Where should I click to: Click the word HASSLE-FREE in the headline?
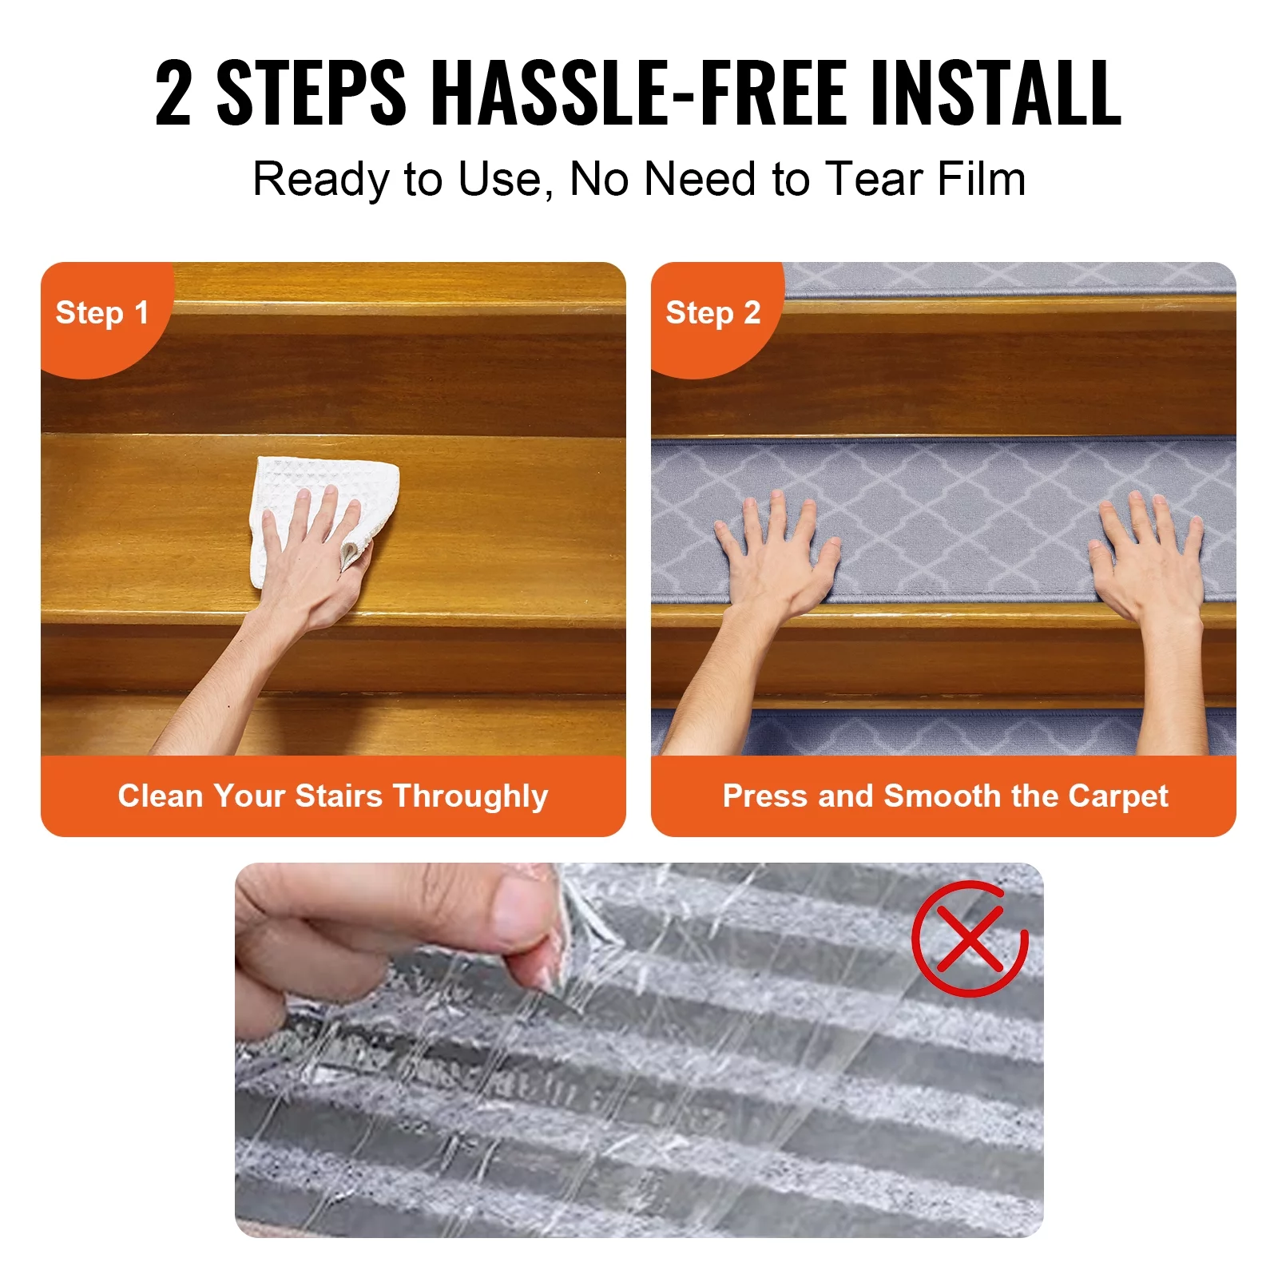click(642, 93)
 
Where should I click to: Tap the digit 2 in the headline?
click(173, 93)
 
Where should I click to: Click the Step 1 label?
click(101, 312)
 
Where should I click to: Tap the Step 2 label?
click(712, 312)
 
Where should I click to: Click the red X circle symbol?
click(969, 938)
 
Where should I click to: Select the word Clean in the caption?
click(161, 796)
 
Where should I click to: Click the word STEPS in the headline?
click(311, 93)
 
